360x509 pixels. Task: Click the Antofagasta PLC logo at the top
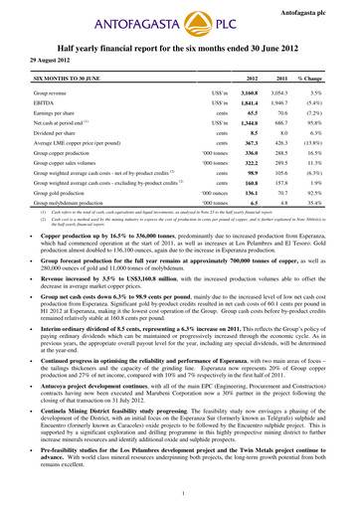180,25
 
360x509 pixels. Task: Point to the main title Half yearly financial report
180,49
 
